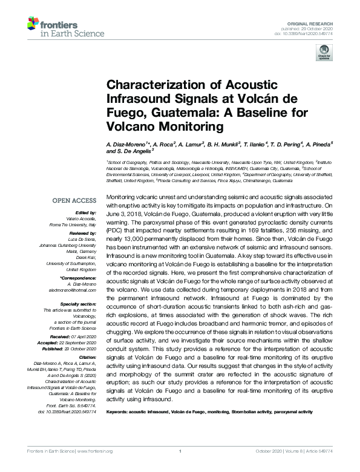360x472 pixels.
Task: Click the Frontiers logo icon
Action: [33, 25]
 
